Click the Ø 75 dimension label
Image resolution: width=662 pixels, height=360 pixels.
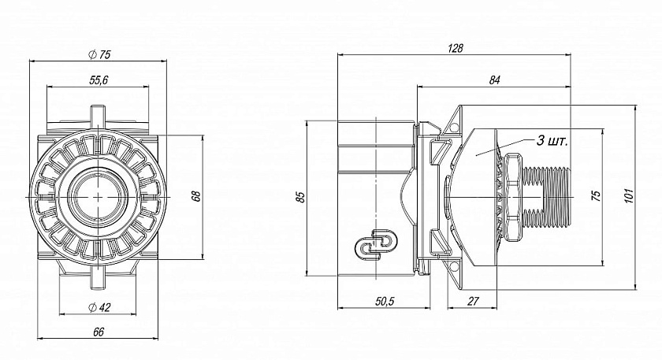(99, 54)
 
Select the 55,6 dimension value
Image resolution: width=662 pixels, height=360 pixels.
(99, 80)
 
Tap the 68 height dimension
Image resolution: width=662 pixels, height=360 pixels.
(196, 197)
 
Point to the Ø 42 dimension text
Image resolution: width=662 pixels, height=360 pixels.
(99, 308)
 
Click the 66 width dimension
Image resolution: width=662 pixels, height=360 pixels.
(99, 332)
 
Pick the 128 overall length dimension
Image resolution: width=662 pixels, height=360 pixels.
(456, 49)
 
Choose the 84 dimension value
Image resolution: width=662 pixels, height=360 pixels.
(494, 80)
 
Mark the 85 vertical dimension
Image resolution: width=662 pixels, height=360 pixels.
(300, 197)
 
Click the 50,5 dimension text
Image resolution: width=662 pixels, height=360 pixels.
(385, 302)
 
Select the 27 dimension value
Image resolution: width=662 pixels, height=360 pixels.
(474, 302)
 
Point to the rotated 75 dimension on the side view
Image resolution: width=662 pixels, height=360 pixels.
(596, 195)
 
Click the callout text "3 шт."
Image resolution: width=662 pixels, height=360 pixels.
(552, 141)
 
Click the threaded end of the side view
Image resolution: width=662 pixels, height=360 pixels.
(546, 197)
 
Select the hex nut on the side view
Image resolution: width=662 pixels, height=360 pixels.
(511, 198)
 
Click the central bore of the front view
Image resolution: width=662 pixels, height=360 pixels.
(99, 197)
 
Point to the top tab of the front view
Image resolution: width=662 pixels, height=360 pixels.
(99, 115)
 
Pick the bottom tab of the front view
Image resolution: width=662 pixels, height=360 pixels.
(99, 280)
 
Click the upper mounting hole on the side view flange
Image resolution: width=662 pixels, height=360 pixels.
(454, 128)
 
